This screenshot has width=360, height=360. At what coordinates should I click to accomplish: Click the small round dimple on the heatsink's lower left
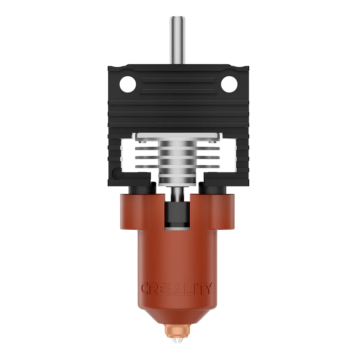point(116,175)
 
